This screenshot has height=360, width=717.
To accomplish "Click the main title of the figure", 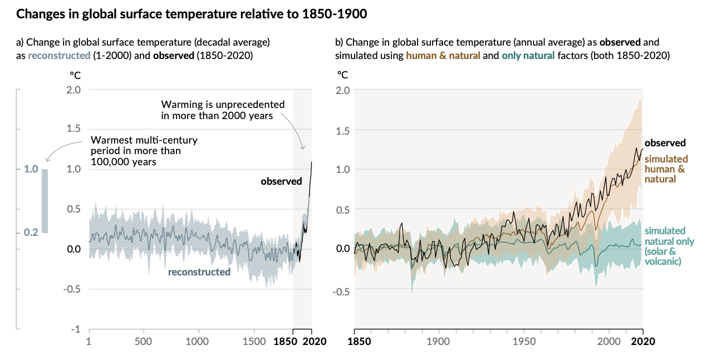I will (191, 14).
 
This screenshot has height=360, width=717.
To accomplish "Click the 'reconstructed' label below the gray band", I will (199, 272).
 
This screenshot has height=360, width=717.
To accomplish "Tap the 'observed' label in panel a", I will (281, 181).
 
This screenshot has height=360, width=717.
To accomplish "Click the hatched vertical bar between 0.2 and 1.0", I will (45, 201).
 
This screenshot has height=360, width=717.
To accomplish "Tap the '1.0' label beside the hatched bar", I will (31, 169).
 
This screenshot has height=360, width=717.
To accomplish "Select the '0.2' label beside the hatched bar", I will (31, 232).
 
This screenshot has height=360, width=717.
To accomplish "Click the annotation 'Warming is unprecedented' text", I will (223, 104).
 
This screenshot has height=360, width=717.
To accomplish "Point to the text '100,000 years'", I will (123, 161).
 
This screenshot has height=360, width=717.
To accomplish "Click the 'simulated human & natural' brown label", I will (666, 169).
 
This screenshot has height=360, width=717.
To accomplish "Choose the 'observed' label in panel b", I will (665, 143).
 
